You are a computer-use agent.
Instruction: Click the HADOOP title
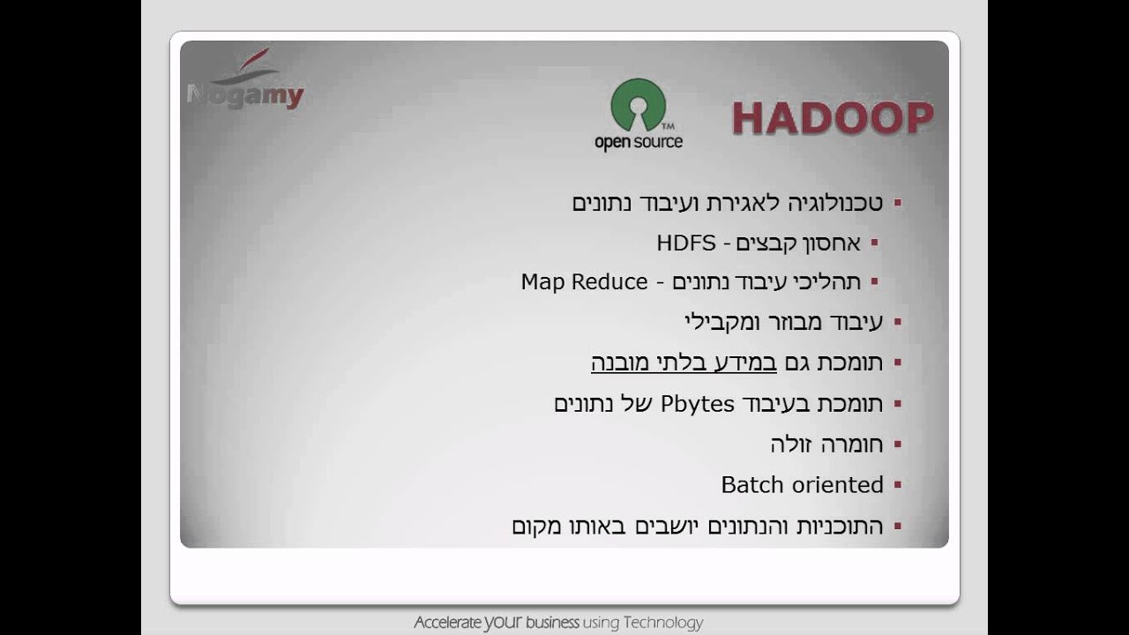832,118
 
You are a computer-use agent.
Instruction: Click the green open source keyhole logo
638,105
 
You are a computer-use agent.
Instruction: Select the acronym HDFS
686,243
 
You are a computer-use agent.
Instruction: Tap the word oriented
837,485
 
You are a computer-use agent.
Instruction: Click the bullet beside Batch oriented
898,485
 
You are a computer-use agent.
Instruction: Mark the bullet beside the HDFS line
874,243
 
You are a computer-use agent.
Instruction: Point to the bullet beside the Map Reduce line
874,282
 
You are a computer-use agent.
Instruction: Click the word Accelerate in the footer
447,623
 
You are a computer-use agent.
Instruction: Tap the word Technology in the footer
662,623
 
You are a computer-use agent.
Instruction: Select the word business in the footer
552,623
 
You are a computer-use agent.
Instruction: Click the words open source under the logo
638,142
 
